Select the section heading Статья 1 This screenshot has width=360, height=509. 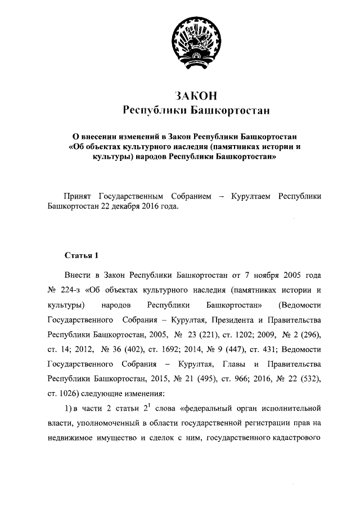pyautogui.click(x=82, y=256)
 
